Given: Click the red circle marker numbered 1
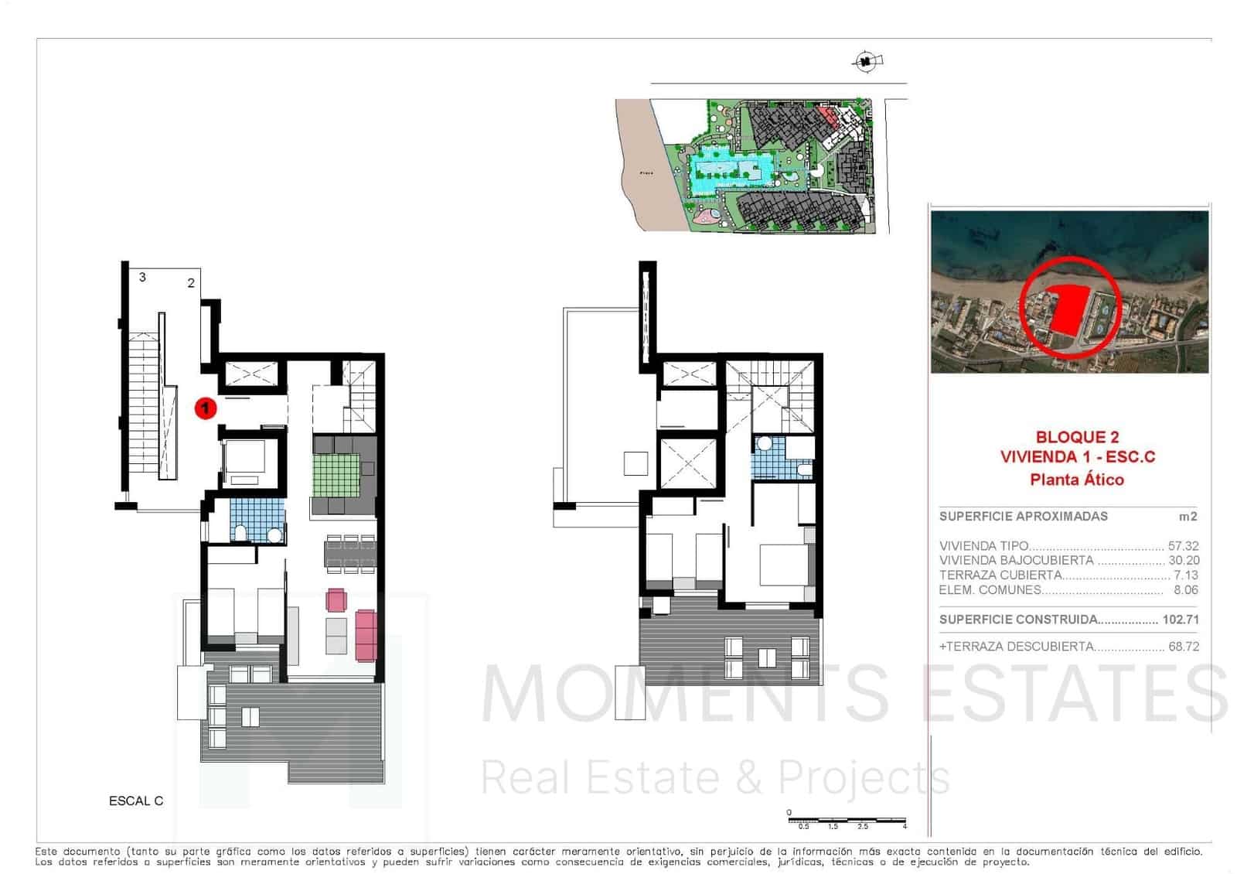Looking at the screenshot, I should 205,407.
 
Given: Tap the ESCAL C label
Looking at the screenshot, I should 136,801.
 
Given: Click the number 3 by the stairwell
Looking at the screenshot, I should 142,277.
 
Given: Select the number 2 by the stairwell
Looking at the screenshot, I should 191,283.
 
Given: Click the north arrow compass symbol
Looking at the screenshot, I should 867,60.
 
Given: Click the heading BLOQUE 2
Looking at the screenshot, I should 1077,437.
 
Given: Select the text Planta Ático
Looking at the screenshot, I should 1077,480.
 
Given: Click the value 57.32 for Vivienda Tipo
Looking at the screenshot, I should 1183,546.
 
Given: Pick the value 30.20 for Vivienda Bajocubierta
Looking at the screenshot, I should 1183,561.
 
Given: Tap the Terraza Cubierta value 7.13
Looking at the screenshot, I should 1185,575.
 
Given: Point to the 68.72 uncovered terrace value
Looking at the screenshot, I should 1183,647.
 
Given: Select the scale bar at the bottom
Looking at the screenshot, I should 847,820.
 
